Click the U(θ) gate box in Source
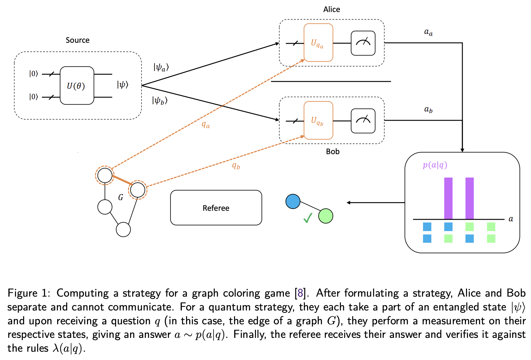pos(77,86)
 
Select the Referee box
pos(216,208)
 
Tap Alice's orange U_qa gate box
pos(318,43)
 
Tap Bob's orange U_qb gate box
pos(318,120)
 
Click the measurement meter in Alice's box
pos(363,43)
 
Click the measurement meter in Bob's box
pos(363,121)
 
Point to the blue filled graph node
pos(293,202)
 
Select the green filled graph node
pos(325,216)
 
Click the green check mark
pos(308,218)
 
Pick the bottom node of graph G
pos(123,230)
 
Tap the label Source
pos(78,40)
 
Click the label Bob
pos(333,151)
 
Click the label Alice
pos(331,10)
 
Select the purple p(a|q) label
pos(435,165)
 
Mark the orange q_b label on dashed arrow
pos(236,166)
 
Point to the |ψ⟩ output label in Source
pos(122,85)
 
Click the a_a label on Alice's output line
pos(428,32)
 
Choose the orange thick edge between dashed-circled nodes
pos(122,180)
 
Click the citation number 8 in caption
pos(300,293)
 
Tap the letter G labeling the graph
pos(121,198)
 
